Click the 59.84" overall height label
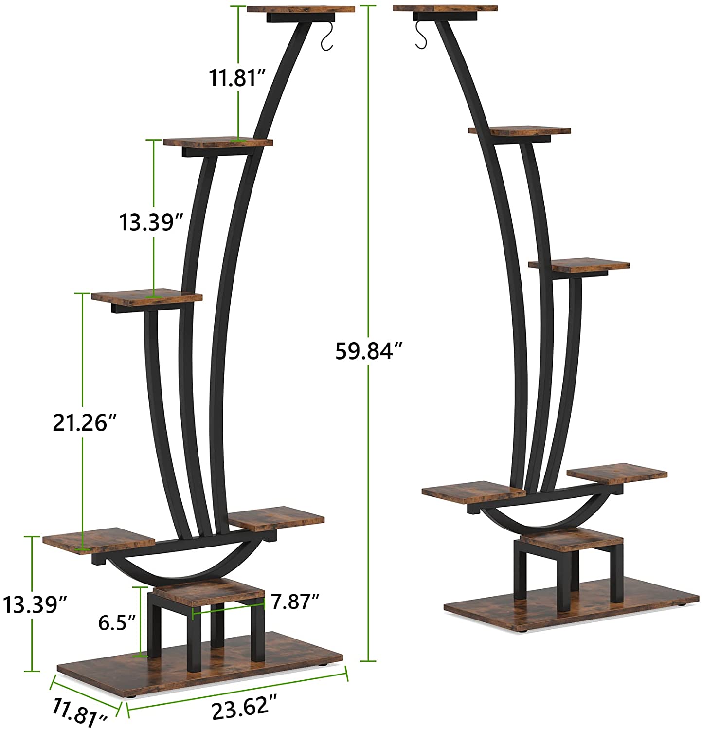(370, 350)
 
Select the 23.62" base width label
(245, 707)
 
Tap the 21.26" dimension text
(86, 422)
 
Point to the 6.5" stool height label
(117, 622)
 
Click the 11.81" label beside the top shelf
(237, 78)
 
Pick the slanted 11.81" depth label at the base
(81, 713)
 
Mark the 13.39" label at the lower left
(35, 604)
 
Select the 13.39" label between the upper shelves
(151, 222)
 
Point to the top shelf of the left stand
(300, 9)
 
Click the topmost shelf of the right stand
(445, 8)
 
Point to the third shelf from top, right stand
(579, 266)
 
